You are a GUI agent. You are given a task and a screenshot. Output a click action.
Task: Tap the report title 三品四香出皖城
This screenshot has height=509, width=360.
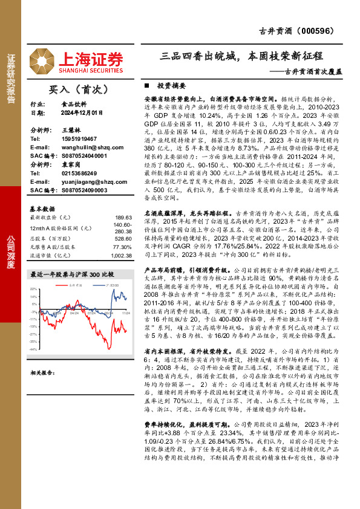(200, 56)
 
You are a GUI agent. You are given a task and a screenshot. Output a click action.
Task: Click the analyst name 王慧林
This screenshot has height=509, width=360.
(71, 130)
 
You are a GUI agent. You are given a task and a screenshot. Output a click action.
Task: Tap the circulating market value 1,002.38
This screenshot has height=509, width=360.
(120, 255)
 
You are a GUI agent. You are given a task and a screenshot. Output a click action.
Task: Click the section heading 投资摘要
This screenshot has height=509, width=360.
(168, 86)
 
